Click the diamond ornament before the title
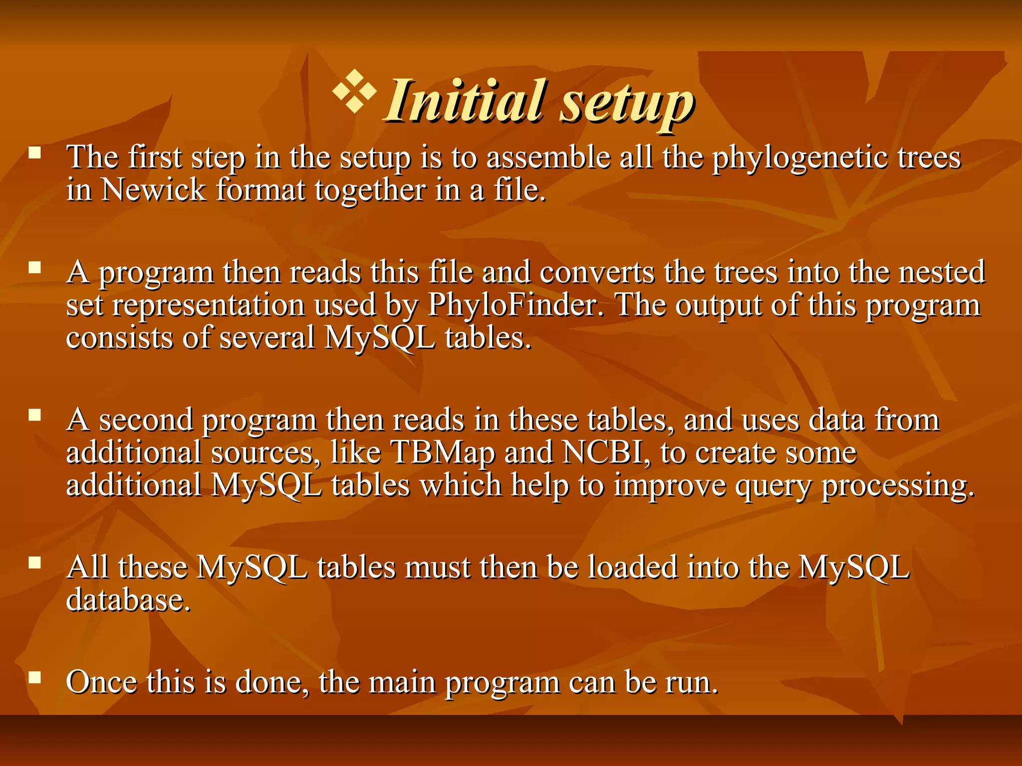click(x=354, y=91)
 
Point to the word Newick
click(x=153, y=190)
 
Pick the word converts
click(x=596, y=272)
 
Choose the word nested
click(x=941, y=272)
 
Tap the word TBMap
click(x=443, y=453)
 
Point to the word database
click(x=128, y=599)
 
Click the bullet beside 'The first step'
click(x=34, y=153)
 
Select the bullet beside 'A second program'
click(x=34, y=415)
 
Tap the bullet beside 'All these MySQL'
click(x=34, y=563)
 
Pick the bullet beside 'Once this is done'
click(x=34, y=677)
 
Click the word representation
click(x=208, y=305)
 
